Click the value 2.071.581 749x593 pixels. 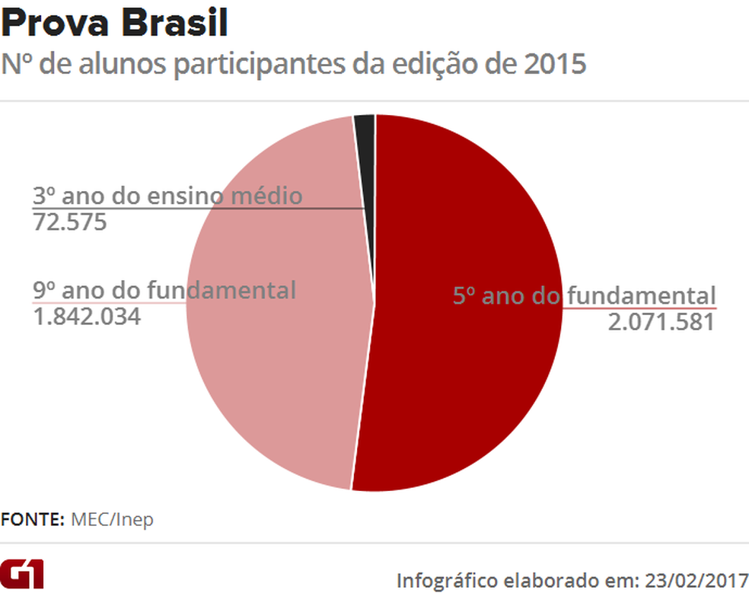(x=661, y=322)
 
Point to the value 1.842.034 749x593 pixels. (x=87, y=316)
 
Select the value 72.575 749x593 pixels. (x=69, y=222)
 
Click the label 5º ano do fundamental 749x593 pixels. (x=584, y=295)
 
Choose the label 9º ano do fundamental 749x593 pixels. (x=164, y=290)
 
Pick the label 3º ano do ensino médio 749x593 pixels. (x=167, y=196)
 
